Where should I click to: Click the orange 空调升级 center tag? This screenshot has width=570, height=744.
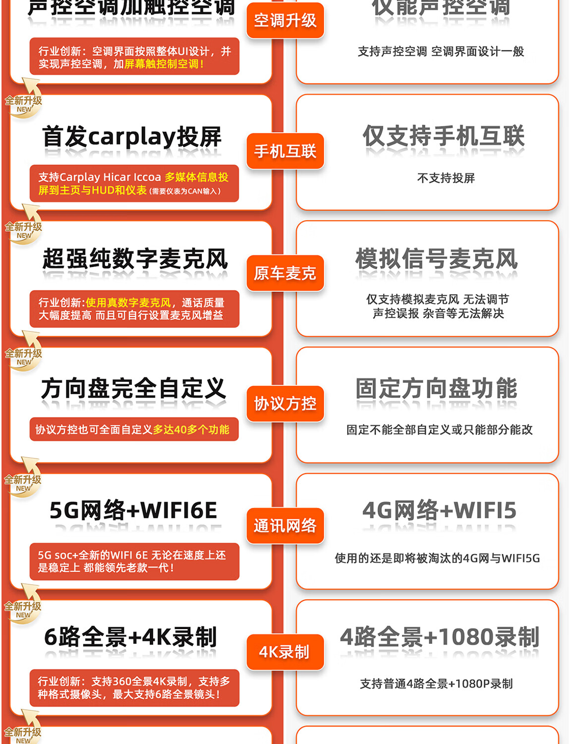[x=285, y=20]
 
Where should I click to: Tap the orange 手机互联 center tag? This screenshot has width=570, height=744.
[x=285, y=151]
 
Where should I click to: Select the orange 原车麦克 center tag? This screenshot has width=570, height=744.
[x=285, y=273]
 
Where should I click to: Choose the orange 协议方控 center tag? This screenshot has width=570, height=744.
[x=285, y=403]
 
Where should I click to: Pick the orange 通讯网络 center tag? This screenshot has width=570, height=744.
[x=285, y=525]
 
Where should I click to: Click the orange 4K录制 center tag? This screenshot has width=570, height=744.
[x=285, y=652]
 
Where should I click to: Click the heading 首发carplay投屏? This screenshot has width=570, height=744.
[x=132, y=137]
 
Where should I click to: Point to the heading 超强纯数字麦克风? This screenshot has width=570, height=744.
[x=135, y=259]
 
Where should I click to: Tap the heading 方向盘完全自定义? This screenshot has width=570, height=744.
[x=134, y=388]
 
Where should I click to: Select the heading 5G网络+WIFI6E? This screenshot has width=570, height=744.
[x=133, y=510]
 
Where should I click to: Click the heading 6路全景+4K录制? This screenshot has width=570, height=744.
[x=130, y=637]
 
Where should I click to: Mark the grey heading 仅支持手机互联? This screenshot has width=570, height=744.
[x=443, y=136]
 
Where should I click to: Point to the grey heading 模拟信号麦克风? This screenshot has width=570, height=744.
[x=437, y=259]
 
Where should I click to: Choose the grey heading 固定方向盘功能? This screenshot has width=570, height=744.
[x=436, y=388]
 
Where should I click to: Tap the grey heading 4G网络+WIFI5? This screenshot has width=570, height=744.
[x=439, y=510]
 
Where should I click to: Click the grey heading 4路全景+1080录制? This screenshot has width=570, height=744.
[x=440, y=637]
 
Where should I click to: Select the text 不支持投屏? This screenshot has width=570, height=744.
[x=446, y=178]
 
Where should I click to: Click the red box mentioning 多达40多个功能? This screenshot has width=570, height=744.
[x=134, y=430]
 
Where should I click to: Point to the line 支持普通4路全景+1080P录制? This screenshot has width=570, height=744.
[x=436, y=683]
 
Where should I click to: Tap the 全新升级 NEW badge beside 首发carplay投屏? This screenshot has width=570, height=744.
[x=23, y=104]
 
